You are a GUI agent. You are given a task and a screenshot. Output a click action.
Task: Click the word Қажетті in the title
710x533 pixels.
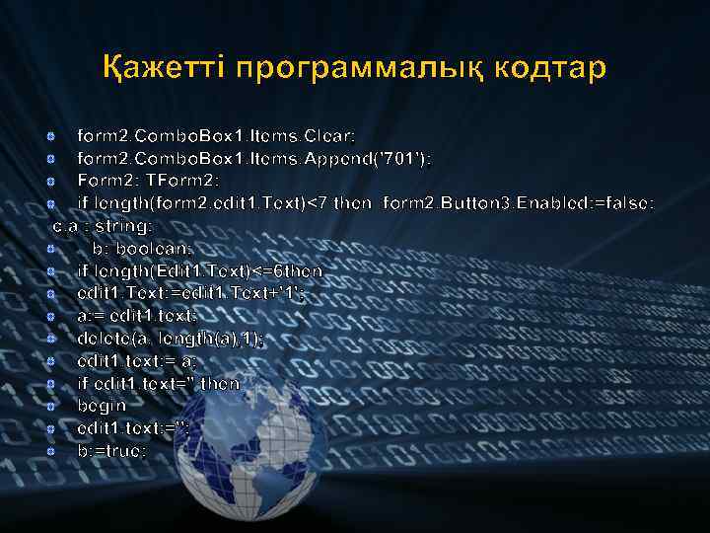point(163,70)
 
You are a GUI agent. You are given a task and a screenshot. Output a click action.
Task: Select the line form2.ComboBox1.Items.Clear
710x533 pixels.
point(216,133)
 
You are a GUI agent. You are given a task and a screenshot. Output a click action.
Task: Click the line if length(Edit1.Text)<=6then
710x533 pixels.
point(199,269)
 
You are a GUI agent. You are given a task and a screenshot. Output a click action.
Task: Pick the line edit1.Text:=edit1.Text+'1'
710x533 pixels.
point(191,292)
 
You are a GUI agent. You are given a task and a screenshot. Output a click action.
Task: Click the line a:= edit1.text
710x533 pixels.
point(137,315)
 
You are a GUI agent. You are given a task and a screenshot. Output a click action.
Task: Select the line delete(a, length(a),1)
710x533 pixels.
point(171,338)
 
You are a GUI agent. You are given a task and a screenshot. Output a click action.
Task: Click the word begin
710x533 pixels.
point(102,405)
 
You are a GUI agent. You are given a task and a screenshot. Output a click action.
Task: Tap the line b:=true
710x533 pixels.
point(111,450)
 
